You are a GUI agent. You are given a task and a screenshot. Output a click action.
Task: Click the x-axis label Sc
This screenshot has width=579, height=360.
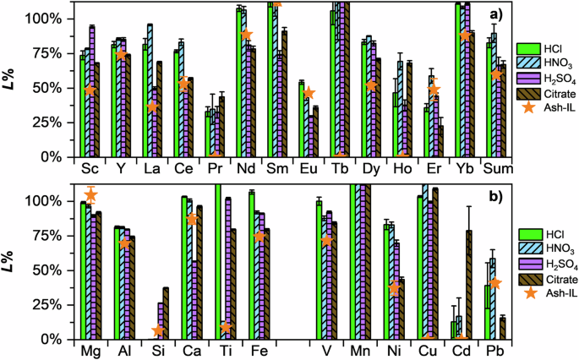click(x=89, y=167)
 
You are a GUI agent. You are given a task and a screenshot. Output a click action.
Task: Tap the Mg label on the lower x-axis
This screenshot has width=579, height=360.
click(x=89, y=350)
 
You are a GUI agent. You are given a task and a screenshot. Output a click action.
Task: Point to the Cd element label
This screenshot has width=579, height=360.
click(x=461, y=350)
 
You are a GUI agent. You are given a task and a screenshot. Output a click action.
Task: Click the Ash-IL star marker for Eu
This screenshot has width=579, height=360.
click(x=309, y=93)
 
